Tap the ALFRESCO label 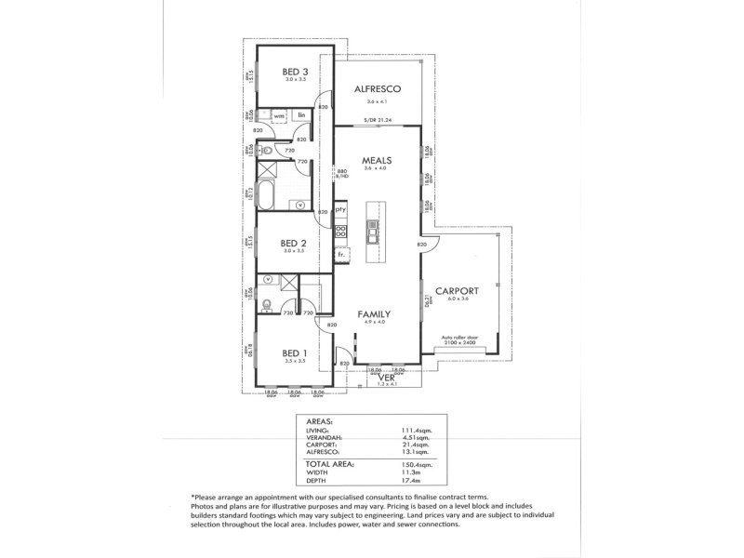pos(377,88)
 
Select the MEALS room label pos(377,161)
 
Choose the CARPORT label pos(461,290)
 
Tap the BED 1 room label pos(294,352)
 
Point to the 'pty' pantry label pos(340,210)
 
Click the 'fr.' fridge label pos(340,253)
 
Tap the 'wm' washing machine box pos(278,115)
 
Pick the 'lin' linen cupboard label pos(301,115)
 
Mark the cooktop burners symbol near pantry pos(340,232)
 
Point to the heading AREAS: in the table pos(319,421)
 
